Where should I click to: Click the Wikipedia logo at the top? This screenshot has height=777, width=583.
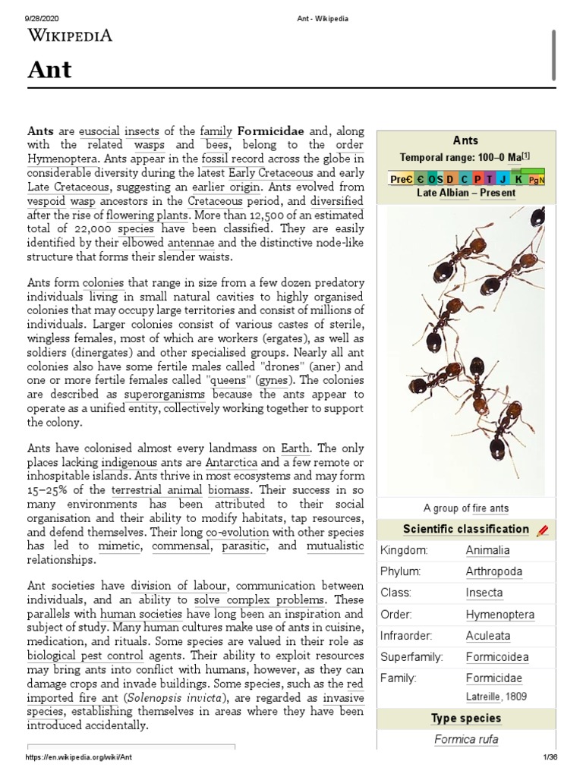point(71,34)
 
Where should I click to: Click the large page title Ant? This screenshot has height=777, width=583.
point(49,70)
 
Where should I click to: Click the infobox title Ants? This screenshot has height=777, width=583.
point(465,140)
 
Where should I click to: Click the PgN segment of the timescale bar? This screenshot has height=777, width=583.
point(537,179)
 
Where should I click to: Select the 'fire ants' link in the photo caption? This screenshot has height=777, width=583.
point(491,508)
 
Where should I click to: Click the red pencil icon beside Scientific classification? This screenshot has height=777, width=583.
point(542,530)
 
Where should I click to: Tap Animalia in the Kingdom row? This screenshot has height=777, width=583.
point(487,550)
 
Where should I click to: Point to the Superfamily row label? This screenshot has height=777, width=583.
point(412,656)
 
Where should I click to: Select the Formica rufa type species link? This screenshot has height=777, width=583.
point(466,739)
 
